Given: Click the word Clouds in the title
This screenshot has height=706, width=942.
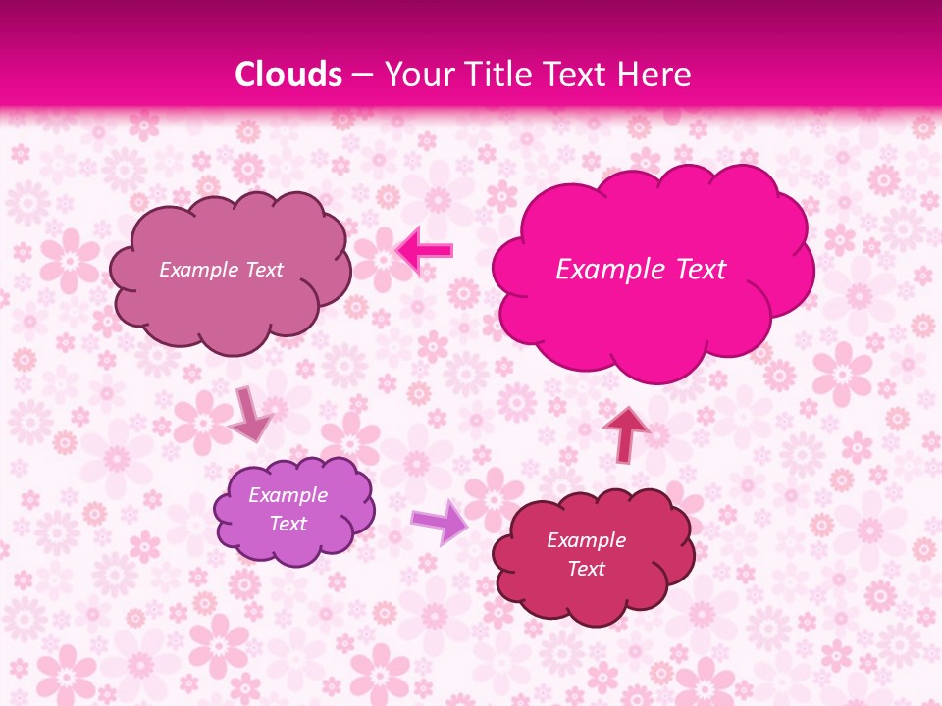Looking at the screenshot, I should pos(288,75).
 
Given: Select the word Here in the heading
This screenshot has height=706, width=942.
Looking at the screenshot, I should pos(657,75).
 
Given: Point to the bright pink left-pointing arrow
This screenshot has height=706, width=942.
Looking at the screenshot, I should pos(424,251).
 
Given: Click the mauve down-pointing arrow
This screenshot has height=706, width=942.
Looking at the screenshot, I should pos(250,413).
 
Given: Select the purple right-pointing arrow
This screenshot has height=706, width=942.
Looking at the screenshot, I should pos(441,521).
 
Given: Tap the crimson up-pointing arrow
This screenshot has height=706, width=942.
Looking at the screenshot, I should pos(626,432).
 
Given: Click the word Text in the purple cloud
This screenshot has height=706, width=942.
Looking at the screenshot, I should pos(288,524).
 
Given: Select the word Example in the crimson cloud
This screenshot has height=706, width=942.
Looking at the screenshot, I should pos(586,540).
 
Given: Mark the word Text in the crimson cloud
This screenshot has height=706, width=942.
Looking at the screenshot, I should pos(586,569).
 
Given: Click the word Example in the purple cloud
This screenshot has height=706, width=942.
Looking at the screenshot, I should pos(288,495).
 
